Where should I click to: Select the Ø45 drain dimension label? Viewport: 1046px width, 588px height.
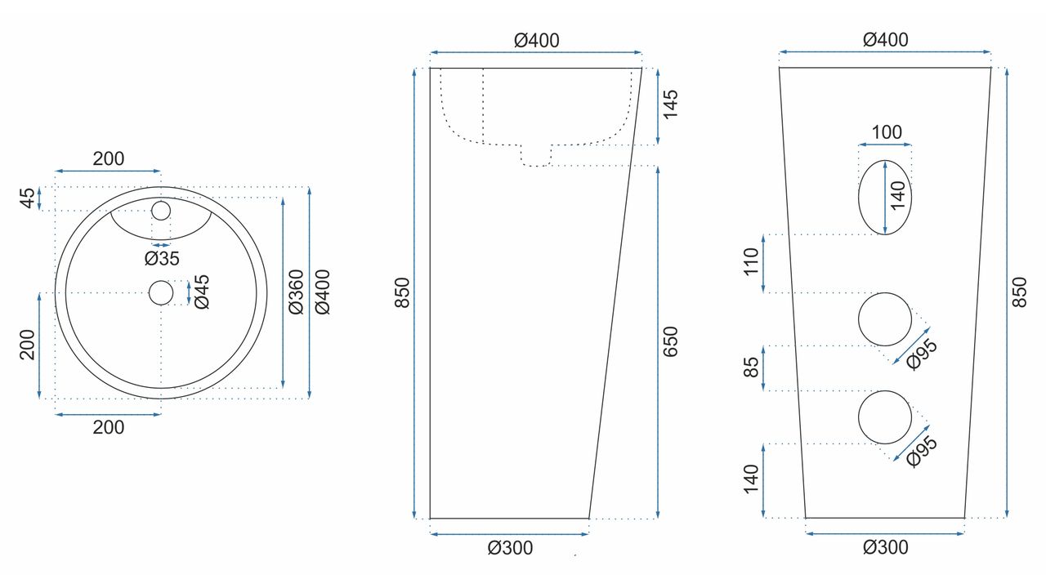click(x=202, y=292)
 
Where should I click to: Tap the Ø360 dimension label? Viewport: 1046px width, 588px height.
click(x=296, y=292)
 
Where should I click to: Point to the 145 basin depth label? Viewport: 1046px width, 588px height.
click(x=670, y=105)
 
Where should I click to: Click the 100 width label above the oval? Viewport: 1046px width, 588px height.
click(x=887, y=132)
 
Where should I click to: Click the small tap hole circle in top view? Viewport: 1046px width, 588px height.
click(x=161, y=211)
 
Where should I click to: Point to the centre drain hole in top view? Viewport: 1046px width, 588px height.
click(x=161, y=292)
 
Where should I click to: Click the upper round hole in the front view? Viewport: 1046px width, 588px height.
click(x=884, y=318)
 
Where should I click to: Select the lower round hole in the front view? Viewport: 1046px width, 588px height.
click(x=884, y=417)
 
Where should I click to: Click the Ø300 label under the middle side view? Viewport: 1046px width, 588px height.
click(x=509, y=548)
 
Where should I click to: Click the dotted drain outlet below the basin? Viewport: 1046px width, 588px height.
click(x=536, y=155)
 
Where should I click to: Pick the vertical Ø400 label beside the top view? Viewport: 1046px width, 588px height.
click(x=323, y=292)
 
